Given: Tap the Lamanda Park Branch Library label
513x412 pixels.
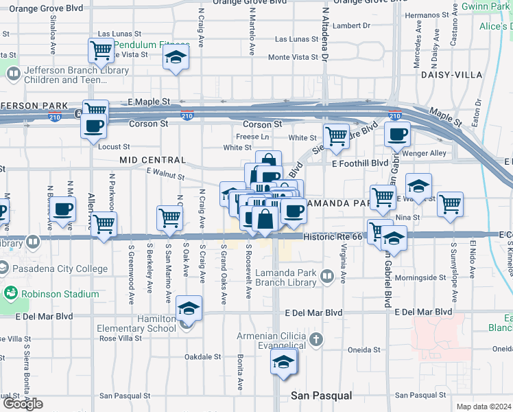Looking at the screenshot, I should point(285,277).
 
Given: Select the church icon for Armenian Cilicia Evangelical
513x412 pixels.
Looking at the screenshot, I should point(315,340).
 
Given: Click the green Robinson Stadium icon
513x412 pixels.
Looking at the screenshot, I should point(11,295).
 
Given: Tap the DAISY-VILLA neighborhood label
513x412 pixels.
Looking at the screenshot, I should point(451,74).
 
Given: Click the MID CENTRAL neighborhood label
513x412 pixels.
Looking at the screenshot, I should point(152,160).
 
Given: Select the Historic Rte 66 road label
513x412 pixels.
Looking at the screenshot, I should point(332,236).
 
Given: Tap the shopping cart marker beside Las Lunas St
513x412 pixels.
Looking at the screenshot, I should point(100,49).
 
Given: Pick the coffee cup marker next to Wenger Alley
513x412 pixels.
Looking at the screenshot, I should point(396,135).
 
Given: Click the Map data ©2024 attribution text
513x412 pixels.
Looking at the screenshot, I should point(484,407).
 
